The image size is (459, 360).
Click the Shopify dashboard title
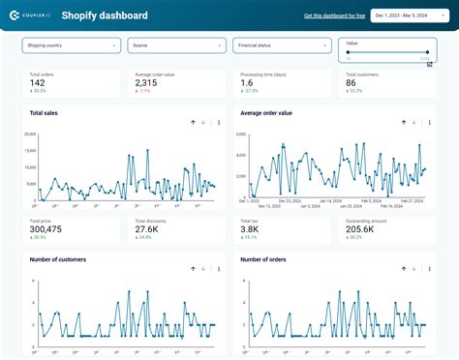pyautogui.click(x=105, y=15)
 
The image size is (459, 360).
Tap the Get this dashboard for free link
pyautogui.click(x=333, y=16)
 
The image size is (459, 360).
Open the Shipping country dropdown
pyautogui.click(x=71, y=45)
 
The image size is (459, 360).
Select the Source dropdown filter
pyautogui.click(x=177, y=45)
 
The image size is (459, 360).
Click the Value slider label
pyautogui.click(x=352, y=43)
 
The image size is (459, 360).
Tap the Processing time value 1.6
pyautogui.click(x=248, y=83)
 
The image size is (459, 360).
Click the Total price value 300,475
pyautogui.click(x=46, y=229)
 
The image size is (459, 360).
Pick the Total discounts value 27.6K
pyautogui.click(x=150, y=229)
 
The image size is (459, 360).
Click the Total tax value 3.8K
pyautogui.click(x=251, y=229)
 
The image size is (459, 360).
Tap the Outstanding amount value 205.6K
pyautogui.click(x=361, y=229)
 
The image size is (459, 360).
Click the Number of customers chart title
pyautogui.click(x=58, y=259)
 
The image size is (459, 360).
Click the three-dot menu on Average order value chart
pyautogui.click(x=428, y=123)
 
